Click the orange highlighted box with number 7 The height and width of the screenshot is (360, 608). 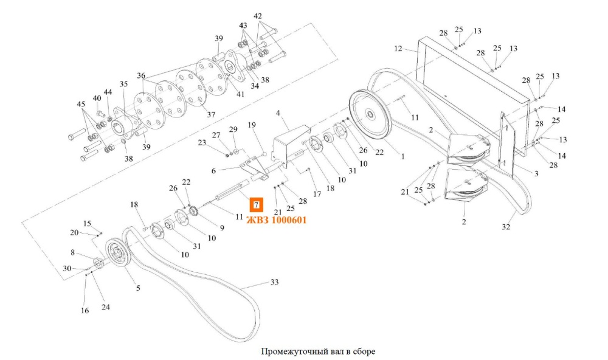coord(256,205)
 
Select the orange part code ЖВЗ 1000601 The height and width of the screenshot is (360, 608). coord(277,220)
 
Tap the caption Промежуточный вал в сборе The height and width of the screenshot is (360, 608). coord(318,351)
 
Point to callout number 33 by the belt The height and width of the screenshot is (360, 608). coord(275,282)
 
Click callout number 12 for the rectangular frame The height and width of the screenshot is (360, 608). coord(398,49)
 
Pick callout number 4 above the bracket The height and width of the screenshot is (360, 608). coord(278,113)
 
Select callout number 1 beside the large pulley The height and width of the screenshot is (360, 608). coord(403,157)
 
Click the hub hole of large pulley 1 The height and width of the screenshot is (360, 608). coord(370,114)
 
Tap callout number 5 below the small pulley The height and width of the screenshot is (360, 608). coord(138,288)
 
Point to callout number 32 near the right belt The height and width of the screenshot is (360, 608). coord(506,227)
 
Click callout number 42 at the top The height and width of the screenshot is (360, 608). coord(258,16)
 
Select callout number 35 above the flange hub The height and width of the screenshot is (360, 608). coord(123,84)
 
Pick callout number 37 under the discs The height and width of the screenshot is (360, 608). coord(211,115)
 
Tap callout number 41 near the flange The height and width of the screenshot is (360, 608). coord(240,94)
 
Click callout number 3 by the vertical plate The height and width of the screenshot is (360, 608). coord(536,173)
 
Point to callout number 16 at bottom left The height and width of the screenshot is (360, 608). coord(85,310)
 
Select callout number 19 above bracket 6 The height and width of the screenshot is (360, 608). coord(252,125)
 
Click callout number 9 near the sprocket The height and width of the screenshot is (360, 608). coord(222,227)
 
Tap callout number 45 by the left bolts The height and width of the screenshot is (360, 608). coord(81,104)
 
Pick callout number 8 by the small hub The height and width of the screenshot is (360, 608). coord(72,252)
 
